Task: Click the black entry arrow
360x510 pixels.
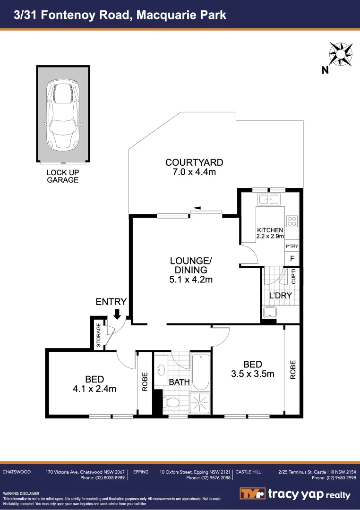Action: pyautogui.click(x=117, y=314)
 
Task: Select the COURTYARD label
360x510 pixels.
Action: pyautogui.click(x=194, y=162)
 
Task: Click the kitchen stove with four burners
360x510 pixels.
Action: pyautogui.click(x=292, y=220)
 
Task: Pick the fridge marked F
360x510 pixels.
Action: pyautogui.click(x=292, y=258)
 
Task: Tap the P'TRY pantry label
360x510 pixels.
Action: pyautogui.click(x=292, y=246)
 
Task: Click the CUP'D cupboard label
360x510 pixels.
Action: pyautogui.click(x=294, y=276)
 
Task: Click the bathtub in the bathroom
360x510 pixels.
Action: pyautogui.click(x=200, y=371)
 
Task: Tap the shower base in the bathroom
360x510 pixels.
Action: pyautogui.click(x=200, y=403)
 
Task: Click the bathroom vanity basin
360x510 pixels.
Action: pyautogui.click(x=161, y=370)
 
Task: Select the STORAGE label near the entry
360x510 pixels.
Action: pyautogui.click(x=98, y=335)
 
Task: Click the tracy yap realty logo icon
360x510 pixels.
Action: pyautogui.click(x=251, y=494)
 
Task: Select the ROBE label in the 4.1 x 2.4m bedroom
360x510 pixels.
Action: pyautogui.click(x=145, y=382)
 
